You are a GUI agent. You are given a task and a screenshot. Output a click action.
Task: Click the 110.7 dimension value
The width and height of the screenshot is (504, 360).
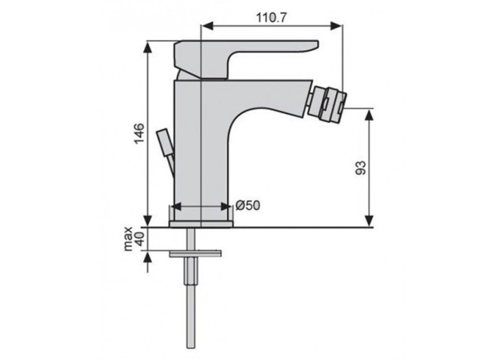tap(271, 17)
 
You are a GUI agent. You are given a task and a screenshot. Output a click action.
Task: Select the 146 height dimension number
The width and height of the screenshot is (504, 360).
tap(139, 134)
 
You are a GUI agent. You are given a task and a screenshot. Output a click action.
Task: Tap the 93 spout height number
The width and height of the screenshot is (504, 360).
tap(360, 168)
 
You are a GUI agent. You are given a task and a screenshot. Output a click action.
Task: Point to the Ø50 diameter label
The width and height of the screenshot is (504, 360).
tap(248, 205)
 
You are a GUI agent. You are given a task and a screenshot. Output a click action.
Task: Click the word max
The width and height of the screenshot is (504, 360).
tap(128, 239)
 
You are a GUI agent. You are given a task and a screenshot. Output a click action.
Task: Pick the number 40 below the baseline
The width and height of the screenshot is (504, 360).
tap(140, 239)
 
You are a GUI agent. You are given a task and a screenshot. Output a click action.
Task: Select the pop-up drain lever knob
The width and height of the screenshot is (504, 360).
tap(165, 143)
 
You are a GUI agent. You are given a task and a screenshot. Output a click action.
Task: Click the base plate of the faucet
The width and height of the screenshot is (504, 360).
tap(201, 225)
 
